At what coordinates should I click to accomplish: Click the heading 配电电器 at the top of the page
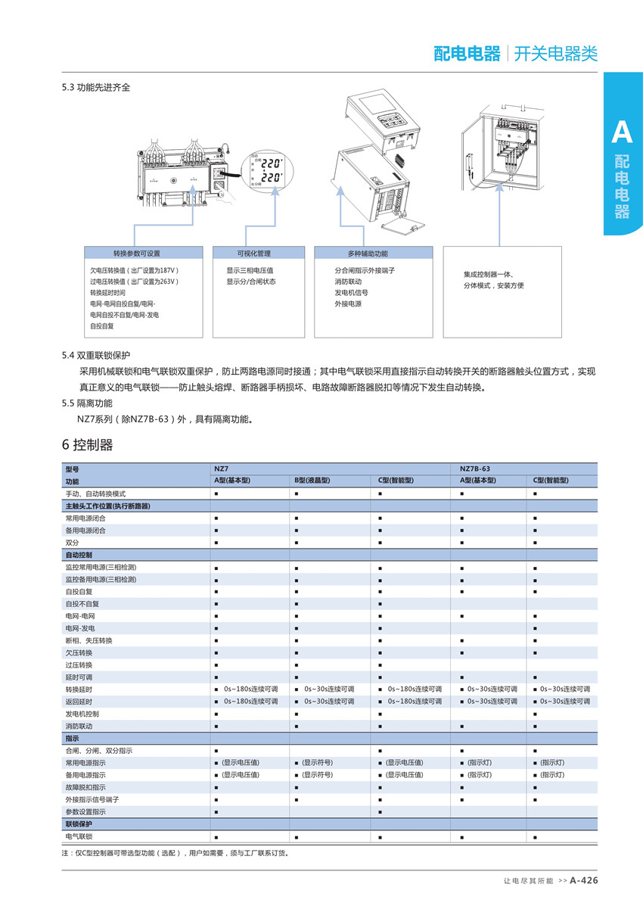coord(467,54)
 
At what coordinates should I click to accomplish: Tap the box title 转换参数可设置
coord(136,254)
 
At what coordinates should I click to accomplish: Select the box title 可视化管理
coord(253,254)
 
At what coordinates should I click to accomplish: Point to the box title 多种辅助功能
coord(368,254)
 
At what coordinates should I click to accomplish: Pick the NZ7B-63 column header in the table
coord(475,469)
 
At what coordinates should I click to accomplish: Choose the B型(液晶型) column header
coord(312,481)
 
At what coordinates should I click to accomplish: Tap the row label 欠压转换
coord(79,652)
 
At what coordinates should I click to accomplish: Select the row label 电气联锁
coord(79,836)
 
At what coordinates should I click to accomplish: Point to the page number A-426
coord(583,880)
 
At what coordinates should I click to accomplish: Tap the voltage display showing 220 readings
coord(268,171)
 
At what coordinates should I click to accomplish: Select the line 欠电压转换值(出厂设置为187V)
coord(134,269)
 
